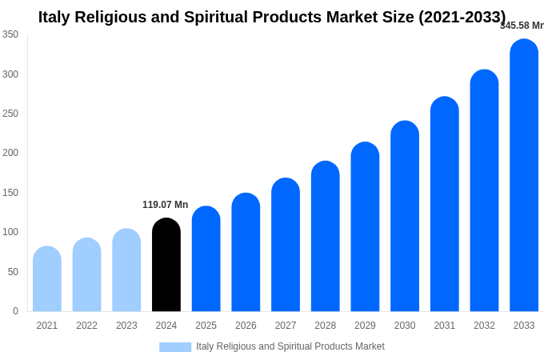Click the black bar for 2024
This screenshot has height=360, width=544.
(x=166, y=265)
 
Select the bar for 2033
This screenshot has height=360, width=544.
(x=524, y=175)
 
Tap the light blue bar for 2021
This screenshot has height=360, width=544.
(x=47, y=279)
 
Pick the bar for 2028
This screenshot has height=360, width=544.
(x=326, y=237)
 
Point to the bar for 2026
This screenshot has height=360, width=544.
(x=246, y=253)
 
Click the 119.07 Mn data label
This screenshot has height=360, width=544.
(x=166, y=205)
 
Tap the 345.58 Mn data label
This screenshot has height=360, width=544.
(x=522, y=26)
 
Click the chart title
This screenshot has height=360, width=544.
(x=272, y=17)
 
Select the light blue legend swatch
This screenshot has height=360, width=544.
(x=175, y=347)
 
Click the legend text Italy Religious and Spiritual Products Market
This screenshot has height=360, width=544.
(x=290, y=346)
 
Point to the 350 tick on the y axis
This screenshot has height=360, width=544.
(x=10, y=34)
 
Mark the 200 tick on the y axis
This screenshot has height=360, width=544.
(x=10, y=153)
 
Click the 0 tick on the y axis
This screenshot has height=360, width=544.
(x=15, y=311)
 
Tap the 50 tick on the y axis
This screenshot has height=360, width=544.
(x=13, y=272)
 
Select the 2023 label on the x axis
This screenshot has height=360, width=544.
(x=126, y=326)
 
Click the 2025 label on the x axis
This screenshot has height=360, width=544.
(x=206, y=326)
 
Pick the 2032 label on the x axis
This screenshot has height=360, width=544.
(x=484, y=326)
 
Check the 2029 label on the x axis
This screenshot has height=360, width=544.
(x=365, y=326)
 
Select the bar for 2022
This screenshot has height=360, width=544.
(x=87, y=275)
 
